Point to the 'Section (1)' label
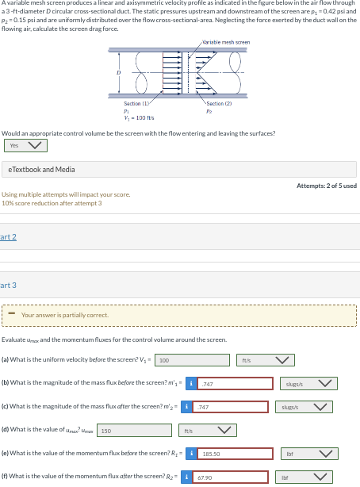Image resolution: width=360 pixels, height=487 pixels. [x=132, y=104]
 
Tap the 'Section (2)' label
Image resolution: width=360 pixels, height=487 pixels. [x=219, y=104]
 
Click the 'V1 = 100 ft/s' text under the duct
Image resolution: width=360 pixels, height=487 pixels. [x=139, y=117]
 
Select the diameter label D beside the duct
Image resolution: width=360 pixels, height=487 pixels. [x=120, y=72]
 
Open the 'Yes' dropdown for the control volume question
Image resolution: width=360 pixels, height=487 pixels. [x=26, y=145]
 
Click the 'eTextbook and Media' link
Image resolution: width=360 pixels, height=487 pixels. [x=42, y=169]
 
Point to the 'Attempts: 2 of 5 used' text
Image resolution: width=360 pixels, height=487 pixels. [x=326, y=186]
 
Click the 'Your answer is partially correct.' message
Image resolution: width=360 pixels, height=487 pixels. [x=65, y=315]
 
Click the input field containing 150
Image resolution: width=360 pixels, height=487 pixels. [x=135, y=431]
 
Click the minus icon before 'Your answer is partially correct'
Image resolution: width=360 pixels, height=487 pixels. [x=12, y=315]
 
